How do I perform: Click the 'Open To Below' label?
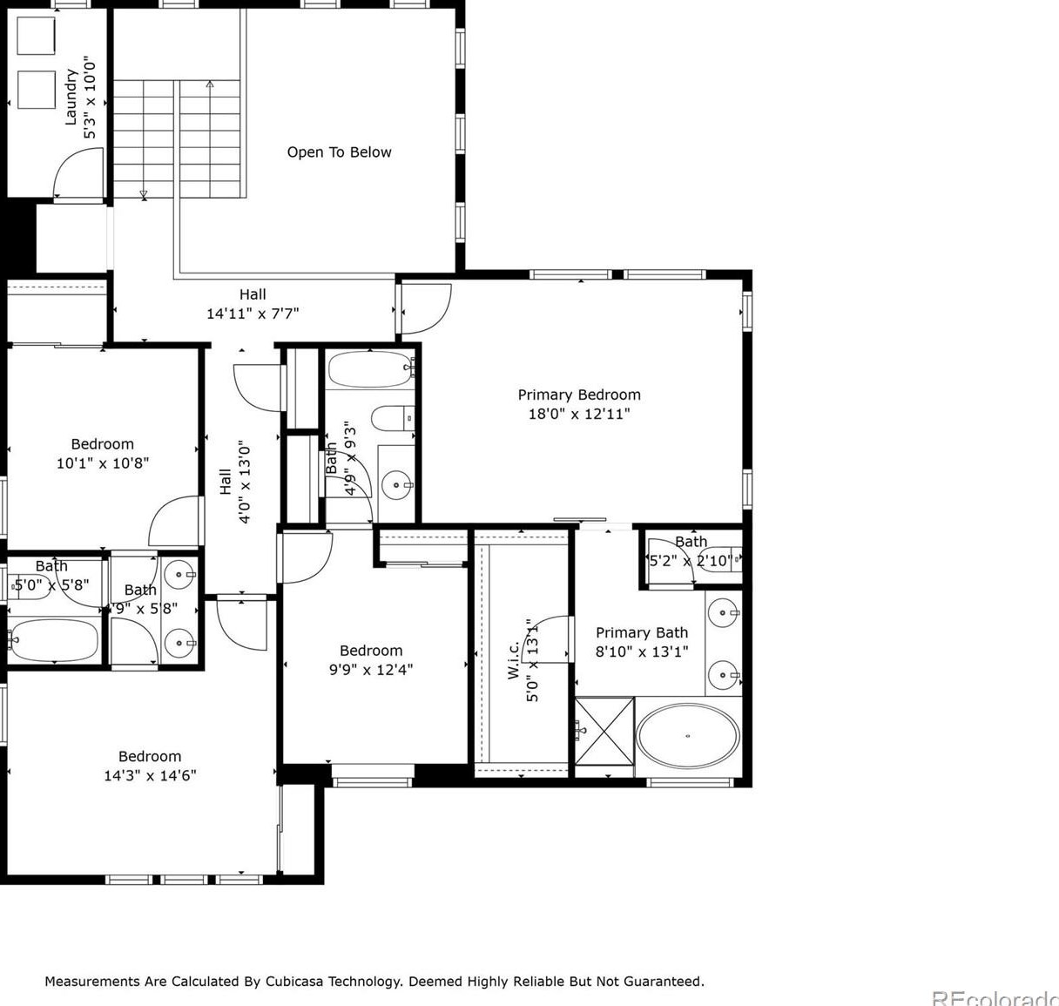339,152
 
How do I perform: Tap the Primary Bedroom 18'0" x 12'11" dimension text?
578,415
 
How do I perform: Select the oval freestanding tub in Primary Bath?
687,737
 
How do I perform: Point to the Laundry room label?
71,97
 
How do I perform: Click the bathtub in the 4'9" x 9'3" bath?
370,369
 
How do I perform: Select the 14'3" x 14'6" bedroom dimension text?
150,775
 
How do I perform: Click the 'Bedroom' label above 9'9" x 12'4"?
371,651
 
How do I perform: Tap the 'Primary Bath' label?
642,632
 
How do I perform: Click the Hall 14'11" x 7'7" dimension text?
253,314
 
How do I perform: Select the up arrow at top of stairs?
210,85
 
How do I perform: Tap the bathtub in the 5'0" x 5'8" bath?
54,641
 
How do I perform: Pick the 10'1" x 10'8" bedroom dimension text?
103,463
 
